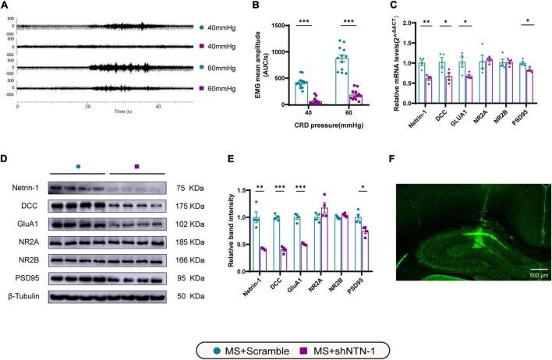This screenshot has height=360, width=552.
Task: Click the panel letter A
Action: point(5,7)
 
